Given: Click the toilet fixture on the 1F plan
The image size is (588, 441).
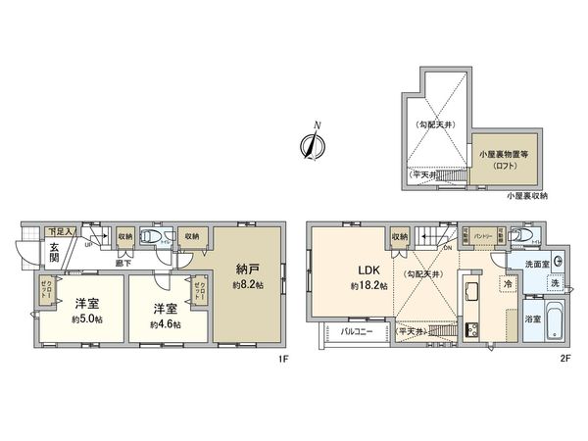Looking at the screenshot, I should [x=150, y=237].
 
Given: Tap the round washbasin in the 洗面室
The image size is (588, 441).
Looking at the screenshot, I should [x=558, y=262].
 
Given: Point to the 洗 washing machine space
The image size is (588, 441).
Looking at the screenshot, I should [x=555, y=284].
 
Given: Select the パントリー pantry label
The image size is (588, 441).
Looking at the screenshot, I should [x=482, y=237].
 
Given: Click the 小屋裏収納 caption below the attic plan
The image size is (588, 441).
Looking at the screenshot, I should [x=526, y=197].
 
